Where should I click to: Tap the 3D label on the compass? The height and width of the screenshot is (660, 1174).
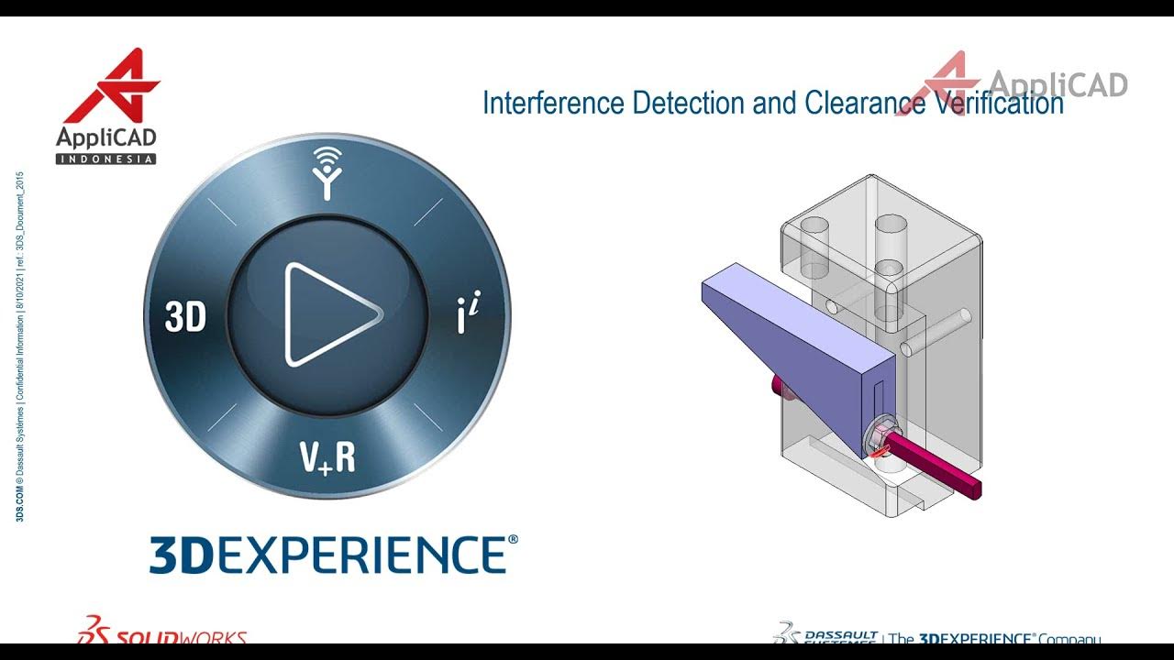point(185,317)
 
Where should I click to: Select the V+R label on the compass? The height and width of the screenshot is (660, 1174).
point(327,456)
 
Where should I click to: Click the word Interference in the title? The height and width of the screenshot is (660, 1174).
point(554,103)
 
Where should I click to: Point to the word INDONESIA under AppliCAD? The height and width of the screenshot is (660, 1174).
point(106,159)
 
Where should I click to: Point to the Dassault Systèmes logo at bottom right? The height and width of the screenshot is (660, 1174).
point(825,634)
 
